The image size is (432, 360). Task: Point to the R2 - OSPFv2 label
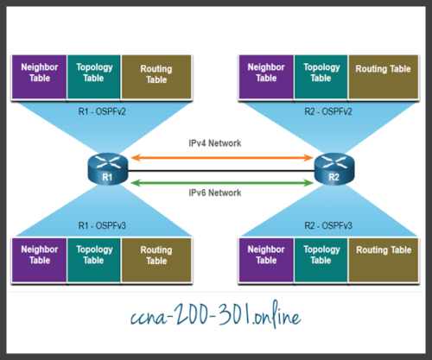[332, 111]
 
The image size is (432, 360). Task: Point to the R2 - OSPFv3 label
[332, 224]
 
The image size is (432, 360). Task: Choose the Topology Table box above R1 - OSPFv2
[95, 73]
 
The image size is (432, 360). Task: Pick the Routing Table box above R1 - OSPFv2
[156, 73]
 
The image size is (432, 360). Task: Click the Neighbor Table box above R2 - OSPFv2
[265, 73]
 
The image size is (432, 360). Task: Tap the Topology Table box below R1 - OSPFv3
[95, 256]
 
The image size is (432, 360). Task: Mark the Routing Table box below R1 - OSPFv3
[156, 256]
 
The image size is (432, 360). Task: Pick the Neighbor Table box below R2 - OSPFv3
[265, 256]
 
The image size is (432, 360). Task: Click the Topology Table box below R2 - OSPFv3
[321, 256]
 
